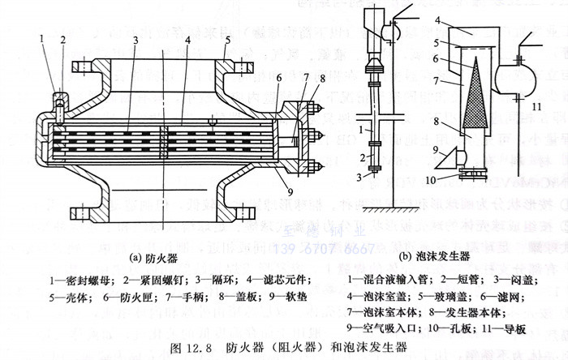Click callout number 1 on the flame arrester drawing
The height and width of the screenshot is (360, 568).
pos(41,37)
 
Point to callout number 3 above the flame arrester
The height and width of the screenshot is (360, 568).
pos(136,39)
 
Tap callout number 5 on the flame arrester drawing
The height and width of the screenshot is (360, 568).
pos(229,39)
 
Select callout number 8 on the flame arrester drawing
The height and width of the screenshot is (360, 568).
pos(322,78)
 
